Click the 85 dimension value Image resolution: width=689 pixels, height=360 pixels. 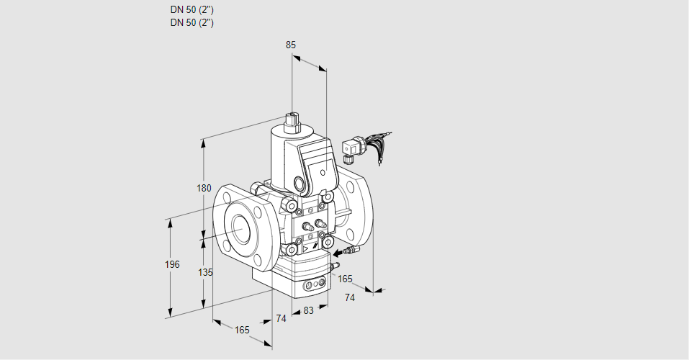tap(291, 45)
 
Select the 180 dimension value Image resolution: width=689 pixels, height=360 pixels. tap(204, 189)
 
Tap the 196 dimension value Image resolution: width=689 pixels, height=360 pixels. tap(172, 264)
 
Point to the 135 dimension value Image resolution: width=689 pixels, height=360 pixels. tap(205, 272)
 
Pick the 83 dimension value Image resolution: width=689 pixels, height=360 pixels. tap(308, 310)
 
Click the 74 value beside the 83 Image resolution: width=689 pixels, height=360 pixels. tap(281, 318)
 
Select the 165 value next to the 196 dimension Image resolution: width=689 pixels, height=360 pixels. tap(242, 330)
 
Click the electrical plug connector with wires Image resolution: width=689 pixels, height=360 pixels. tap(353, 147)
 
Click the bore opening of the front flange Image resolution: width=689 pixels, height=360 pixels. tap(240, 227)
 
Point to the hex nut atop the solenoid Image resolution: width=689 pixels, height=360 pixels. tap(292, 120)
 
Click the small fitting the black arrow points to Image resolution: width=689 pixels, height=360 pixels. tap(351, 251)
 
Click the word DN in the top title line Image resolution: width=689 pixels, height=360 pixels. tap(176, 10)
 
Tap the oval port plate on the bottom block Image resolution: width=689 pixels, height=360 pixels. tap(315, 286)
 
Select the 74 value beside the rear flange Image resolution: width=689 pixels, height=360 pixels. tap(350, 297)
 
